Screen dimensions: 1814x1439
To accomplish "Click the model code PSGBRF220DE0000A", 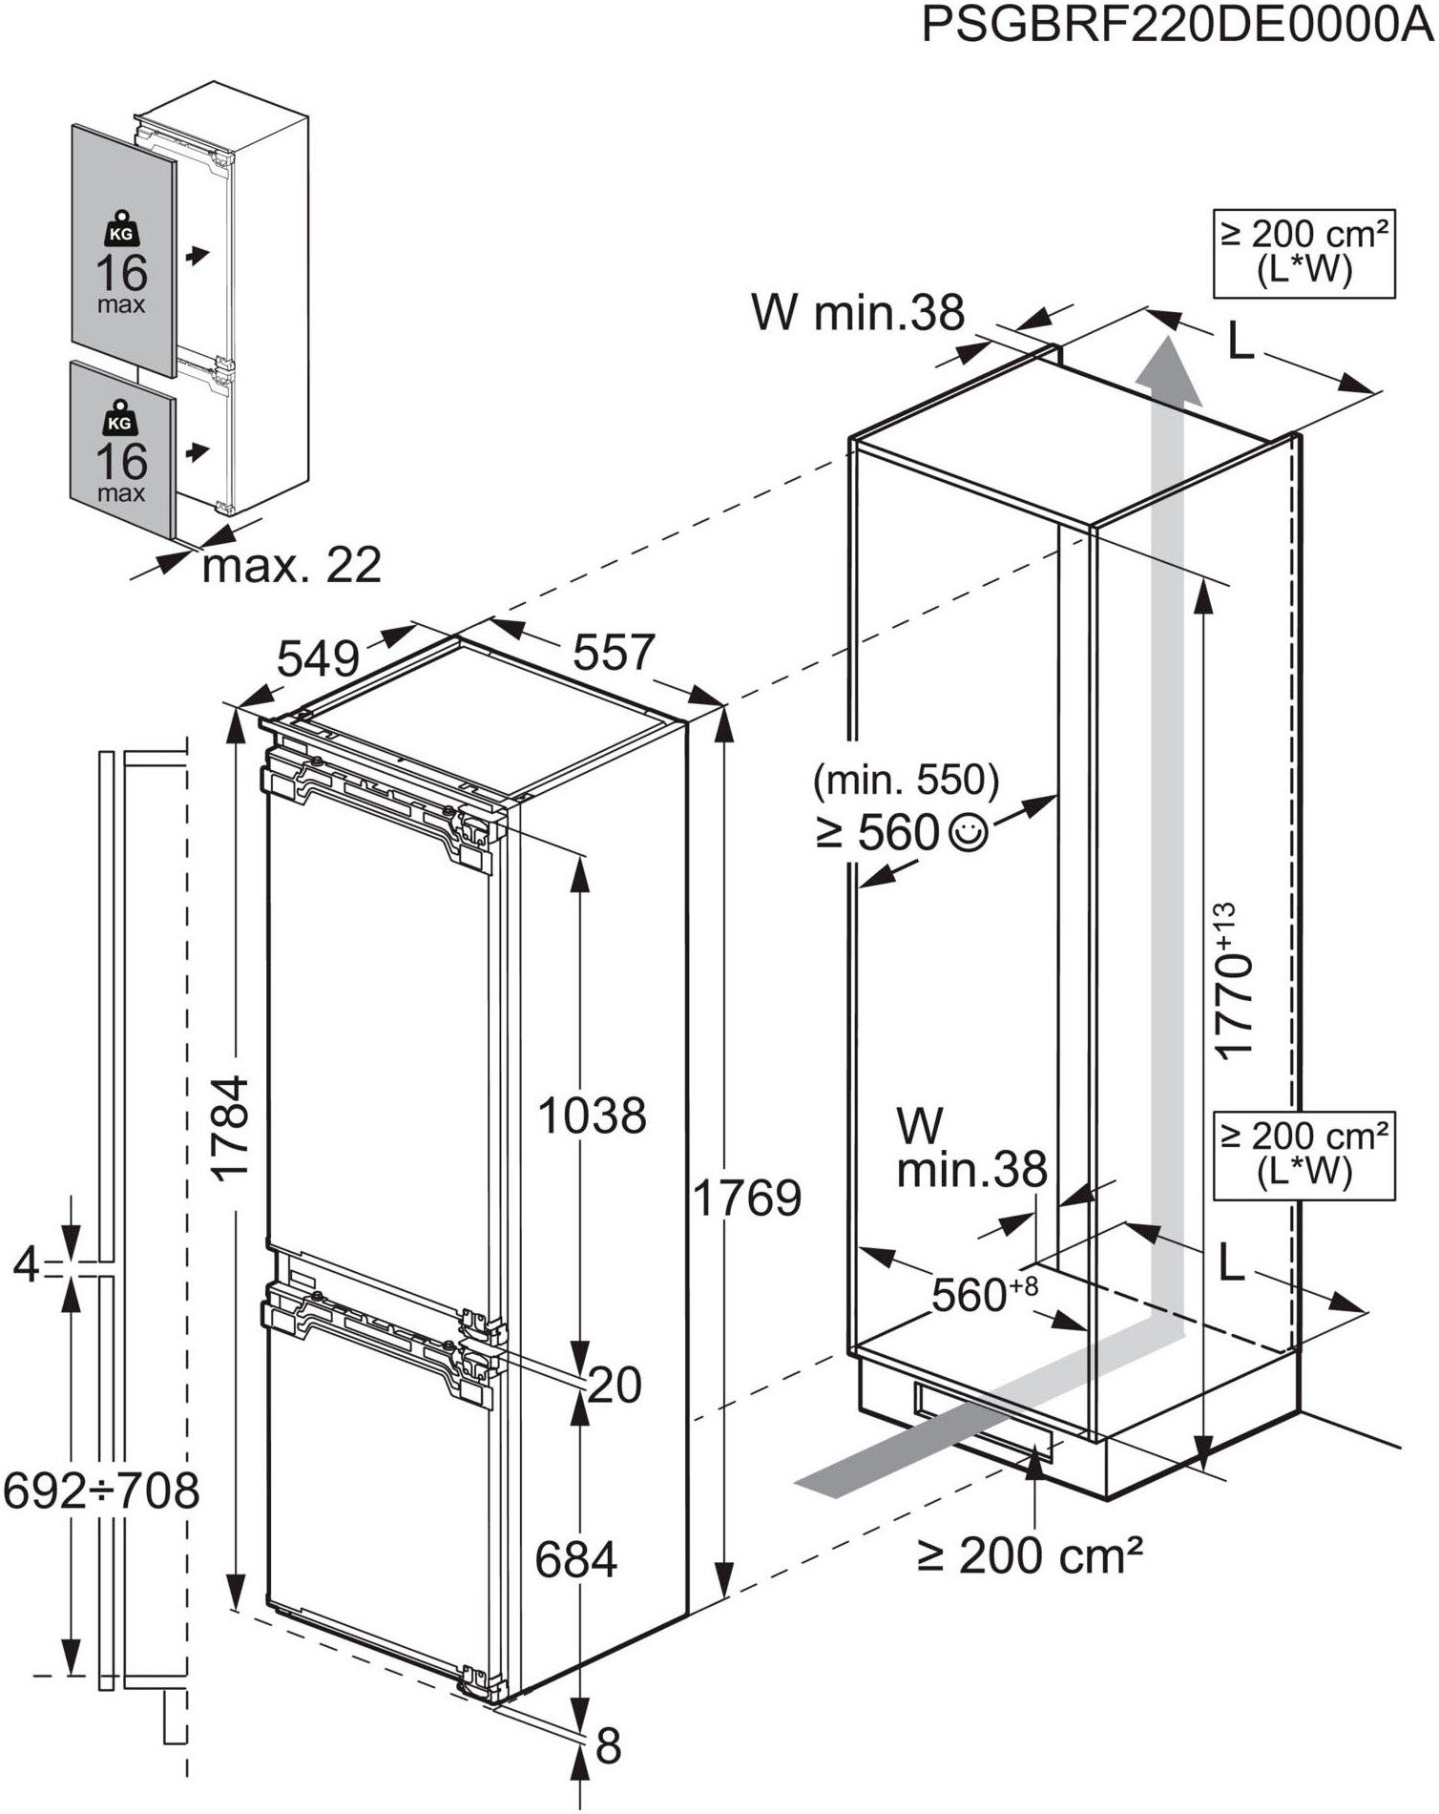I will coord(1178,27).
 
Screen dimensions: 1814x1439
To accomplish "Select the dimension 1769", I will coord(746,1199).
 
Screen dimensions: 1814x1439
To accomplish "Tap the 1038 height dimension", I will coord(592,1115).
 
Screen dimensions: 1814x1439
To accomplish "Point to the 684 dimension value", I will coord(575,1559).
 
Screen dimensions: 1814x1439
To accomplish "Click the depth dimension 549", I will coord(318,657).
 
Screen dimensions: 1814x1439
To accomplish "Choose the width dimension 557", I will coord(613,653).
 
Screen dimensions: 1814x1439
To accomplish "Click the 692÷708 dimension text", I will coord(101,1491).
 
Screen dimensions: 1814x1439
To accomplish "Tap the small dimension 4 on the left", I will coord(27,1265).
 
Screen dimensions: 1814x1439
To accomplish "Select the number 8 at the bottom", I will coord(608,1745).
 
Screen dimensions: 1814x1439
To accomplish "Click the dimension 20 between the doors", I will coord(615,1385).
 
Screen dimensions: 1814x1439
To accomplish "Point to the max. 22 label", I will coord(291,565).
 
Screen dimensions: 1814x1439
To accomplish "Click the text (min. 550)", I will coord(906,781).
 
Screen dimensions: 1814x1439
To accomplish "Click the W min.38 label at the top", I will coord(858,312).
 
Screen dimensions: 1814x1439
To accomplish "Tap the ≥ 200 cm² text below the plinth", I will coord(1030,1555).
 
